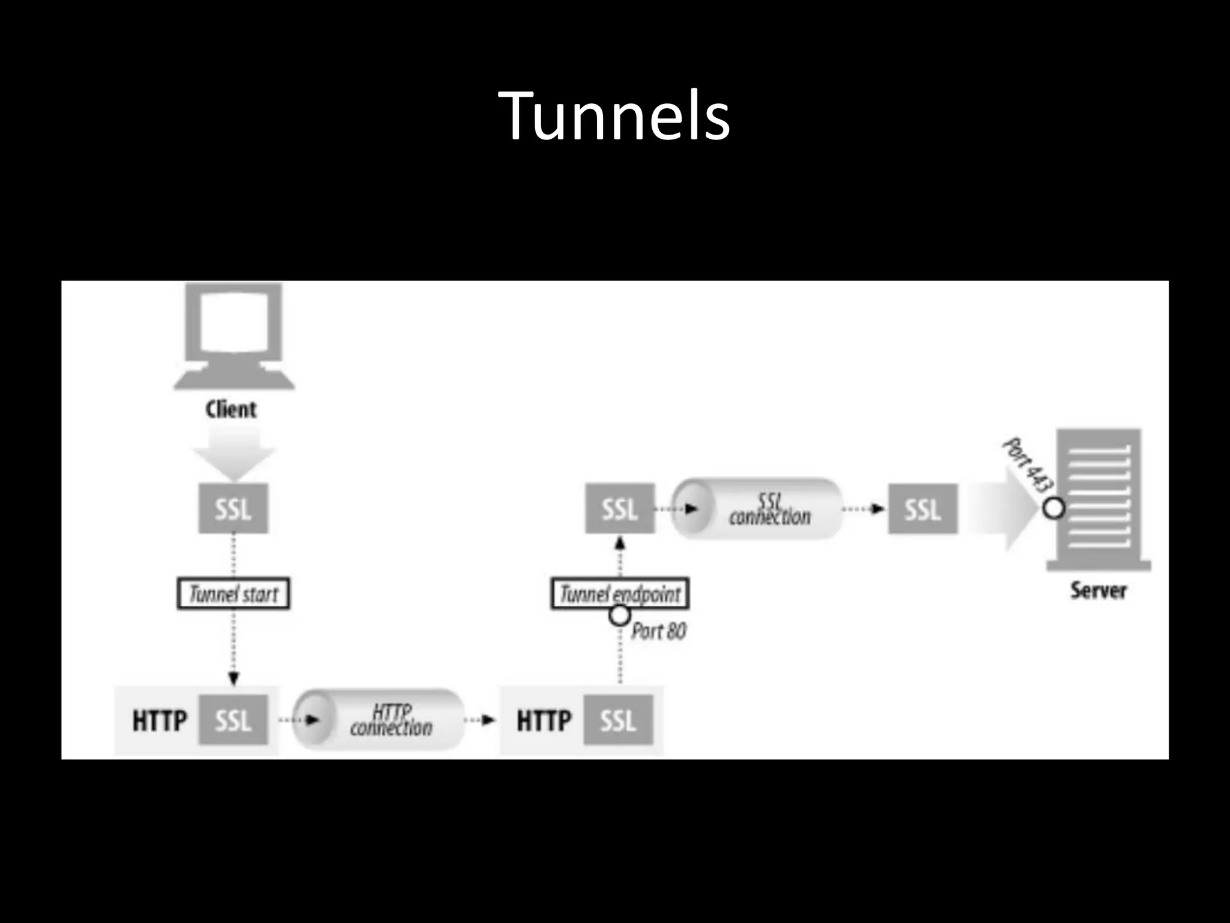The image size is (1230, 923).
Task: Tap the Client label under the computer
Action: pos(231,410)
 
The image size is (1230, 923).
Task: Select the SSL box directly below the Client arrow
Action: pos(233,510)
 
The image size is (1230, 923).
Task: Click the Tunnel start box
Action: pos(234,594)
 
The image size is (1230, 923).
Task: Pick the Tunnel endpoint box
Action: pos(620,594)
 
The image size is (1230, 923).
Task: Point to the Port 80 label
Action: pos(658,631)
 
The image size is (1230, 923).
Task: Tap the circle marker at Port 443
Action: pos(1053,508)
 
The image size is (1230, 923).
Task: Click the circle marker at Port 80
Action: pos(619,615)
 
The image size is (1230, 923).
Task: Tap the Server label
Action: pos(1098,591)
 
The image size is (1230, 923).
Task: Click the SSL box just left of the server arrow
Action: pos(922,510)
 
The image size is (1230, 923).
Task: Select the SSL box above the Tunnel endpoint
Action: pos(620,510)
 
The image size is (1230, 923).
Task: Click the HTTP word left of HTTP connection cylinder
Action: pos(160,720)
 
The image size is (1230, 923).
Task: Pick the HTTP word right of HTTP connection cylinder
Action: pos(544,720)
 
